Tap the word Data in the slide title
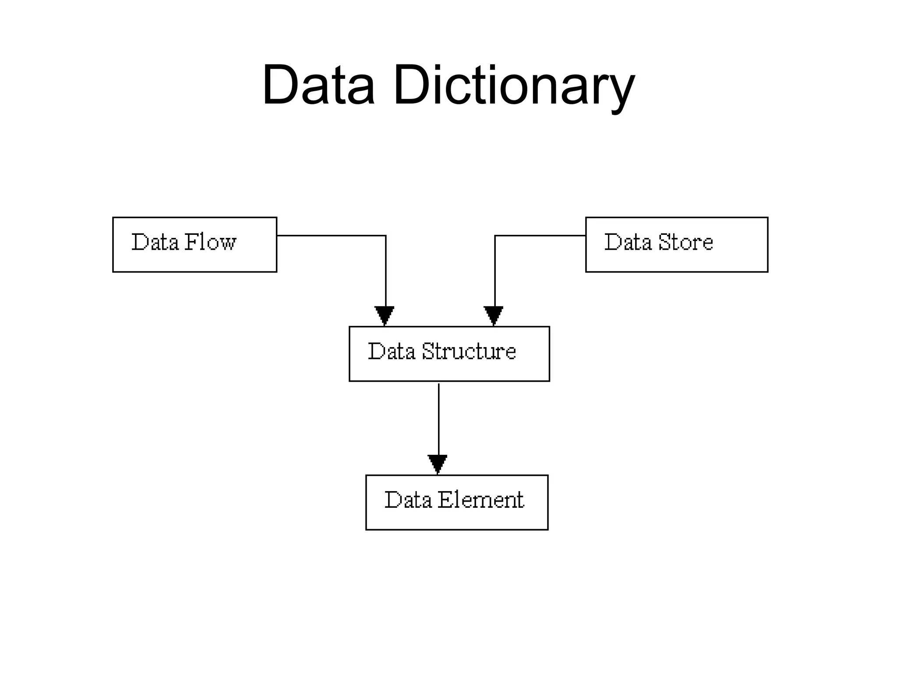click(318, 84)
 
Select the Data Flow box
click(194, 244)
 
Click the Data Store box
click(676, 244)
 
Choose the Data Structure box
click(449, 354)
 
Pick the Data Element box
click(456, 502)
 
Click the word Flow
click(210, 242)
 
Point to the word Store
click(685, 242)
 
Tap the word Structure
click(469, 351)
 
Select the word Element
click(480, 500)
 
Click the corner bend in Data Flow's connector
click(385, 236)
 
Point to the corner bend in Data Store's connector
click(495, 236)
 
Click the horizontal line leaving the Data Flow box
click(331, 236)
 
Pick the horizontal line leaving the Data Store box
click(540, 236)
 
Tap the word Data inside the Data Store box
click(628, 242)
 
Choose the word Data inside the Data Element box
click(408, 500)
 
